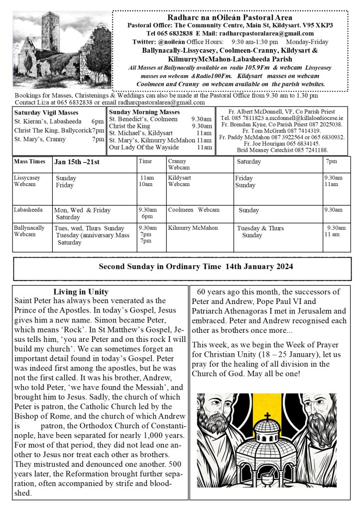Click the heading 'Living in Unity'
pos(81,292)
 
